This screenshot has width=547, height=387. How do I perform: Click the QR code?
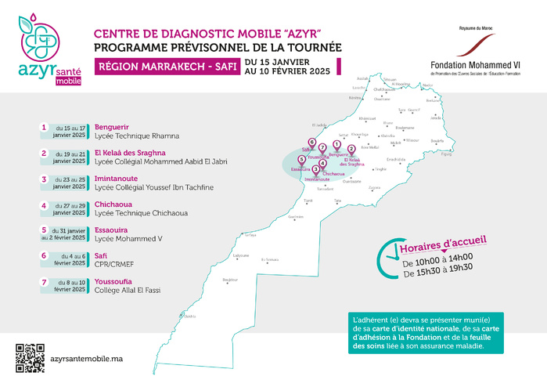point(29,357)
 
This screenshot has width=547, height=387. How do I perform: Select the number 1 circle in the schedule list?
point(43,126)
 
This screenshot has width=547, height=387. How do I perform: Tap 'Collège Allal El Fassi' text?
point(128,290)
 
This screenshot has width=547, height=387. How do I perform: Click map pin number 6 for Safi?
point(311,143)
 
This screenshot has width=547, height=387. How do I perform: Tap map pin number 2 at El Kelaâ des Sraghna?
point(351,149)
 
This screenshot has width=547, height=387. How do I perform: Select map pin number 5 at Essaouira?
point(301,159)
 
